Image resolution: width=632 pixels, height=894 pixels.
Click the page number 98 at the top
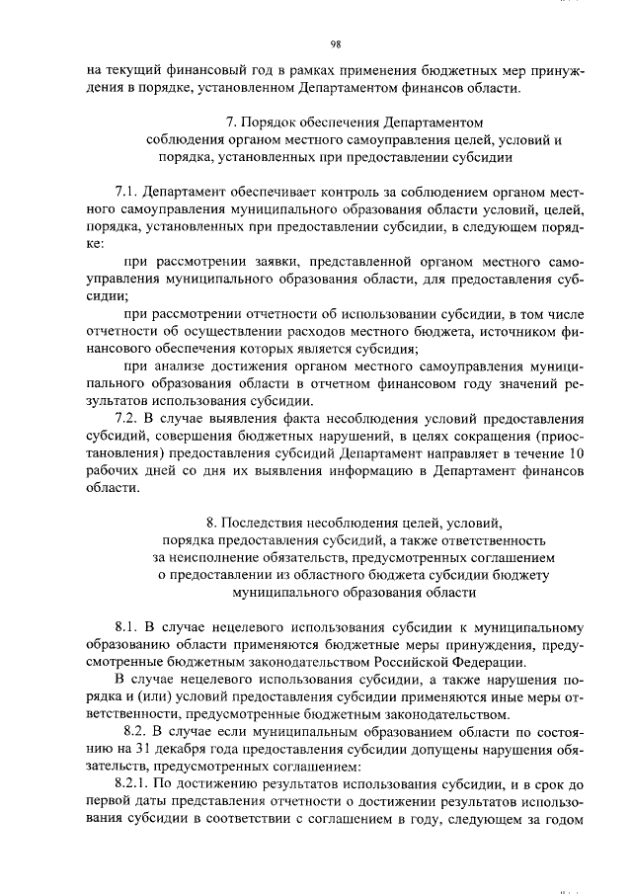(336, 43)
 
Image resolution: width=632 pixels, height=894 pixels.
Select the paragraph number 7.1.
(128, 190)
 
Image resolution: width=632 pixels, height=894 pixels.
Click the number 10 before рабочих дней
(577, 452)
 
